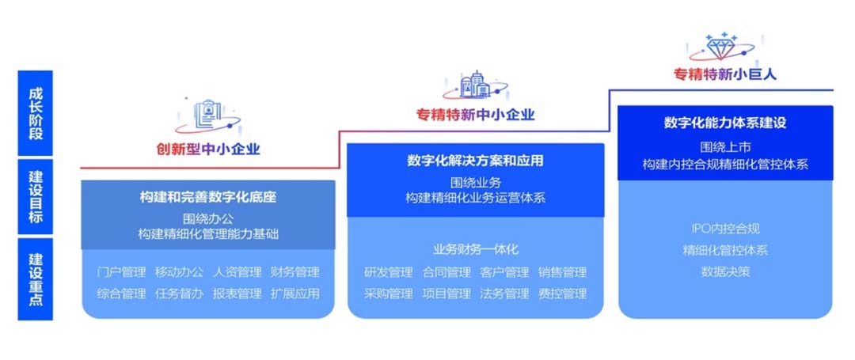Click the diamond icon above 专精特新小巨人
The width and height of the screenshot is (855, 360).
point(721,47)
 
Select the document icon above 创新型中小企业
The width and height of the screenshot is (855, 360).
point(207,116)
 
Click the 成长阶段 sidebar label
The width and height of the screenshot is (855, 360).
point(36,112)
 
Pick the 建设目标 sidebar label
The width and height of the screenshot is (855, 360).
point(36,196)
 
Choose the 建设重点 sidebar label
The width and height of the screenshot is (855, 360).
point(36,279)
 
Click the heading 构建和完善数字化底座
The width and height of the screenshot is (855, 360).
point(207,197)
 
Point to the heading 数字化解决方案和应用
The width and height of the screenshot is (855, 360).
point(475,161)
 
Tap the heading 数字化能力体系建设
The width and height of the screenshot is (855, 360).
point(724,123)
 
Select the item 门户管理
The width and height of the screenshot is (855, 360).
point(121,271)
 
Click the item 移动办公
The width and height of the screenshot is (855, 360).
point(179,271)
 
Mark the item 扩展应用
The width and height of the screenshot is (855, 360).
point(294,294)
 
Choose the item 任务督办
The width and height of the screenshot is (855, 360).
point(179,294)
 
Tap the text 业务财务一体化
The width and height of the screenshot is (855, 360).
point(476,250)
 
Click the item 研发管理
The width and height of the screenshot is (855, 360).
point(388,271)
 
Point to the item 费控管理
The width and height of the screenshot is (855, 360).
point(562,294)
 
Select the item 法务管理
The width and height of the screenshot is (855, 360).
point(504,294)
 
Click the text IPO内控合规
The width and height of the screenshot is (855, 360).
point(725,228)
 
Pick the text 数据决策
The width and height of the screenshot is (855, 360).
point(725,271)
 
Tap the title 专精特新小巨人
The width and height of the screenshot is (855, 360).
point(724,74)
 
